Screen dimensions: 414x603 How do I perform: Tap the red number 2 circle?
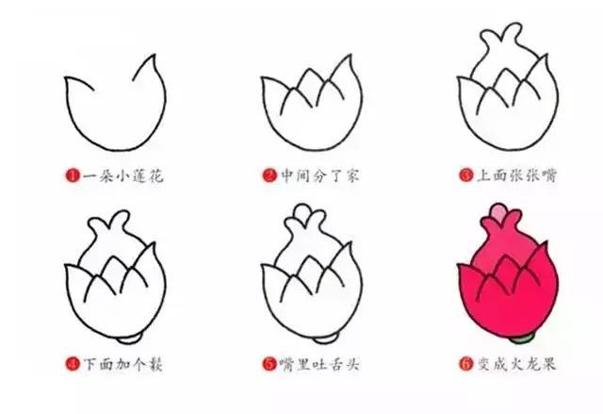269,175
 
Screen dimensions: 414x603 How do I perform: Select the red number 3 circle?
465,175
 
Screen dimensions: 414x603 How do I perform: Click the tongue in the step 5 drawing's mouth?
303,226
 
